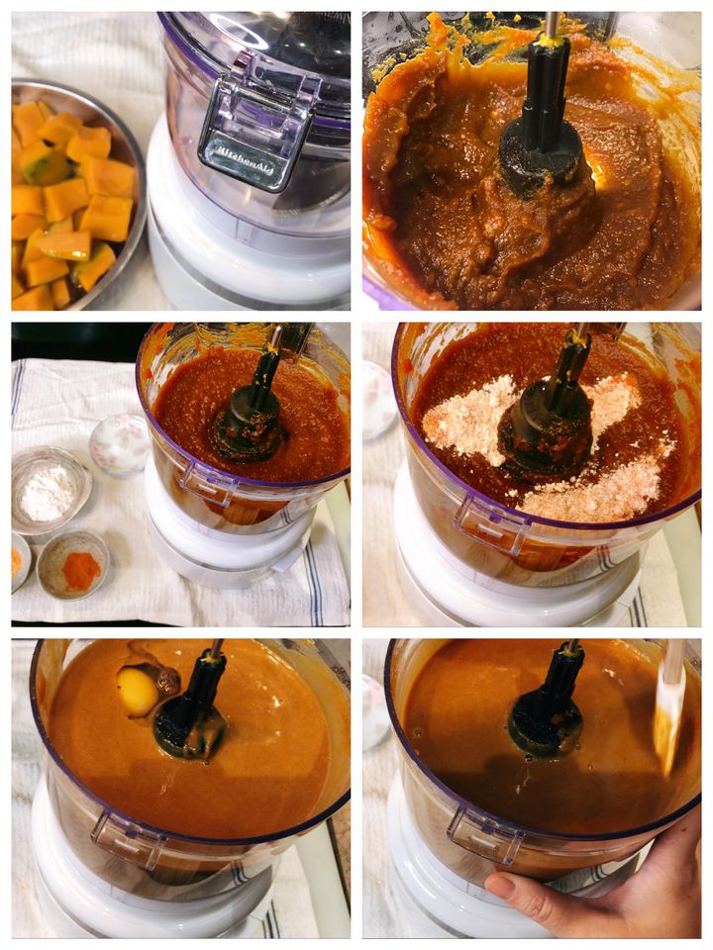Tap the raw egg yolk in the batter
(x=138, y=692)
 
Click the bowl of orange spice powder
(x=72, y=565)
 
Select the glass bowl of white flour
(x=50, y=491)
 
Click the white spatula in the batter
(x=669, y=709)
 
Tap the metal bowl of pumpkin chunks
(x=76, y=194)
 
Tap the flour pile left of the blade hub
(x=466, y=418)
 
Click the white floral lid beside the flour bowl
(x=120, y=445)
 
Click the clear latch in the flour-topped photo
(x=492, y=522)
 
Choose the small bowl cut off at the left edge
(x=20, y=562)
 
